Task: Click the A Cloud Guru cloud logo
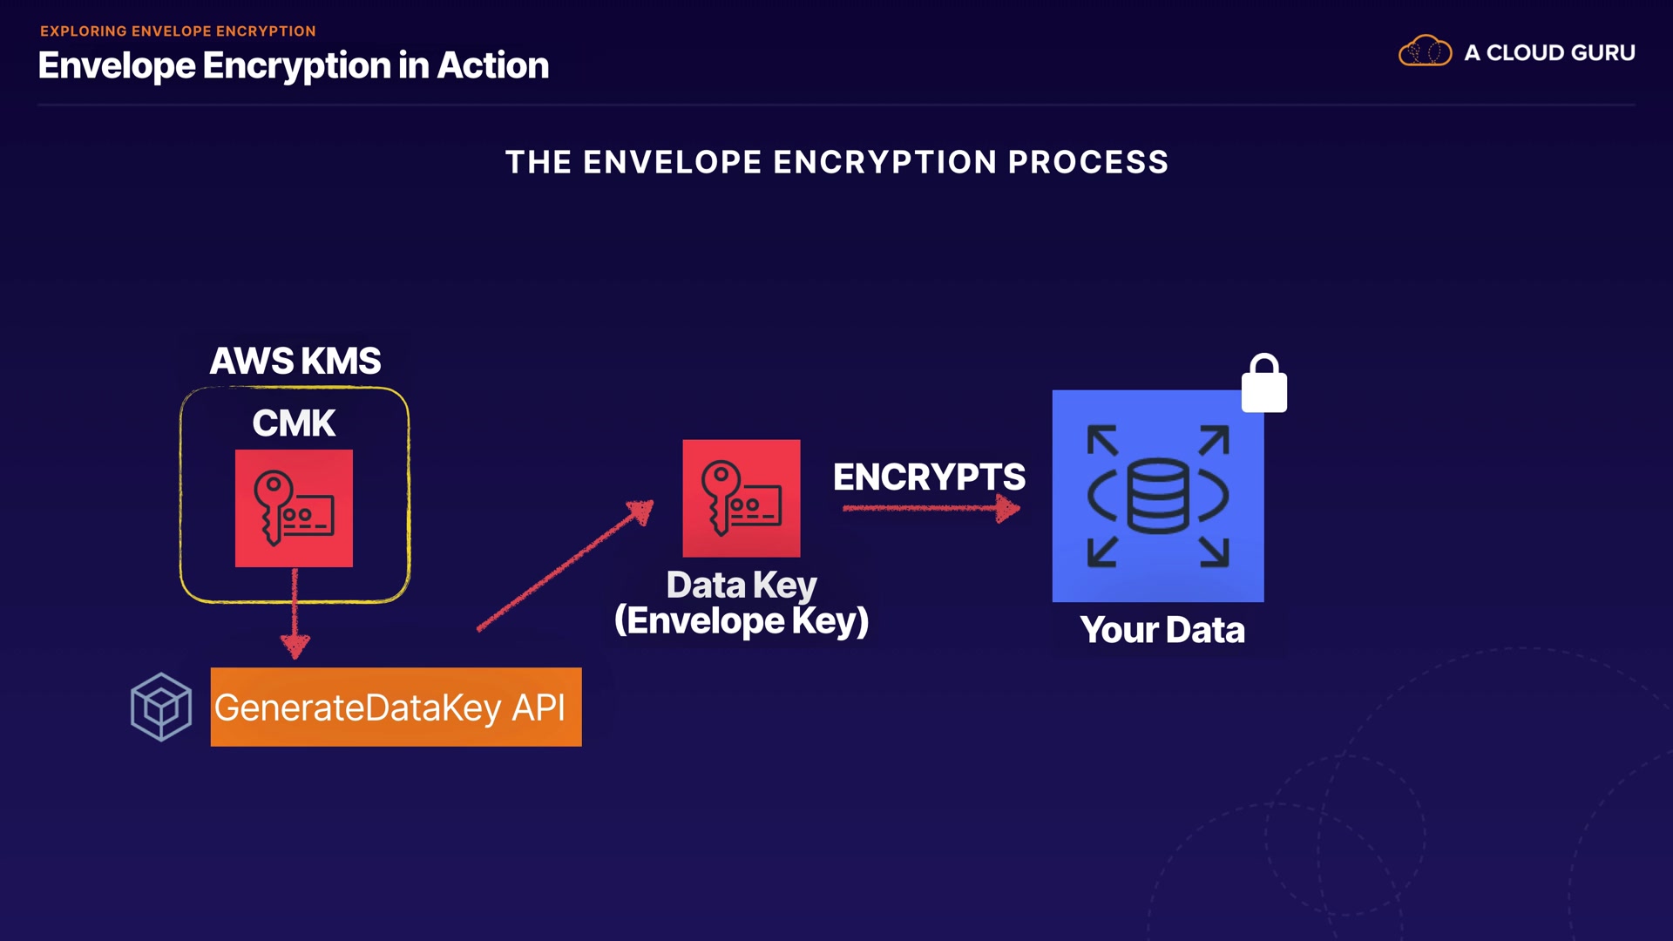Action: [x=1425, y=51]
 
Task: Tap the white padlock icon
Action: [x=1263, y=384]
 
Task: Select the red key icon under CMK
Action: [x=294, y=508]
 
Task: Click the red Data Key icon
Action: [x=741, y=498]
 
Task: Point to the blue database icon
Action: [x=1157, y=495]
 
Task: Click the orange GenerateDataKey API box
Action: [x=396, y=707]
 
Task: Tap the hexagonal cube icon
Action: [x=161, y=707]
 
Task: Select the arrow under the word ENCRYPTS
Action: [x=930, y=508]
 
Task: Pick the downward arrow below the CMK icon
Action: [x=295, y=614]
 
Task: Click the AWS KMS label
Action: [x=295, y=361]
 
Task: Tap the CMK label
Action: [x=294, y=423]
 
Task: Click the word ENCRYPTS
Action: [x=929, y=477]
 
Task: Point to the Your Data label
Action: [x=1162, y=630]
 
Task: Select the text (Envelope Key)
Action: [x=741, y=621]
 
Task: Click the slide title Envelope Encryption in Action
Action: [x=294, y=65]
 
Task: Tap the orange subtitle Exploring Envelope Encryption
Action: [x=178, y=31]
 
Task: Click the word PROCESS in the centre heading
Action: [x=1087, y=162]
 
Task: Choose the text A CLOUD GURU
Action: [x=1549, y=52]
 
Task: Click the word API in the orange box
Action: [x=538, y=707]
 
